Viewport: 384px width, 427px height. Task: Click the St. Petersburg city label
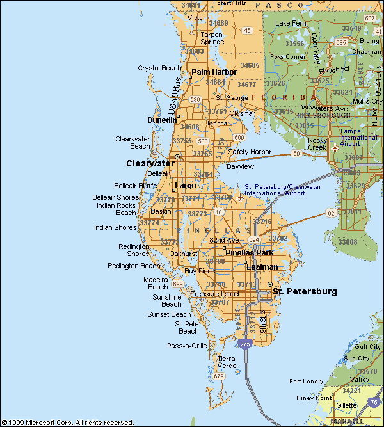point(305,292)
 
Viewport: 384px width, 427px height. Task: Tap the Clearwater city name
point(150,164)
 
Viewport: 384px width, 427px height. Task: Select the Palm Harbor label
point(214,72)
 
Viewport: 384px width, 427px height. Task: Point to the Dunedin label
point(162,120)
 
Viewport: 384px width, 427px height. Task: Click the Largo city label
point(186,186)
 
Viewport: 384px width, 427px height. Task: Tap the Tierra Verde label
point(227,362)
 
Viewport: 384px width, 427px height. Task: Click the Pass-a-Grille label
point(188,346)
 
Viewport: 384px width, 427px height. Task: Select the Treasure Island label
point(215,294)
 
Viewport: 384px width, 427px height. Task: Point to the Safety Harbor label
point(250,152)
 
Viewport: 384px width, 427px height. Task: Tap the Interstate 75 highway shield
point(374,401)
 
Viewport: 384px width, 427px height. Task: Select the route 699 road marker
point(177,284)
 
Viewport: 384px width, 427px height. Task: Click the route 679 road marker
point(219,376)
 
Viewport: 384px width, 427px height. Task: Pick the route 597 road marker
point(370,19)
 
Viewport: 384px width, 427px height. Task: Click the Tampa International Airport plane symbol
point(335,148)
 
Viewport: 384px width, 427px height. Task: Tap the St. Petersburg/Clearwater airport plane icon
point(240,198)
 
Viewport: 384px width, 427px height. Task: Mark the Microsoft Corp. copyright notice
point(67,423)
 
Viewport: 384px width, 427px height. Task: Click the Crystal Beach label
point(159,68)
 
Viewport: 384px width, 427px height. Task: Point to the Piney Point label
point(314,398)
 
